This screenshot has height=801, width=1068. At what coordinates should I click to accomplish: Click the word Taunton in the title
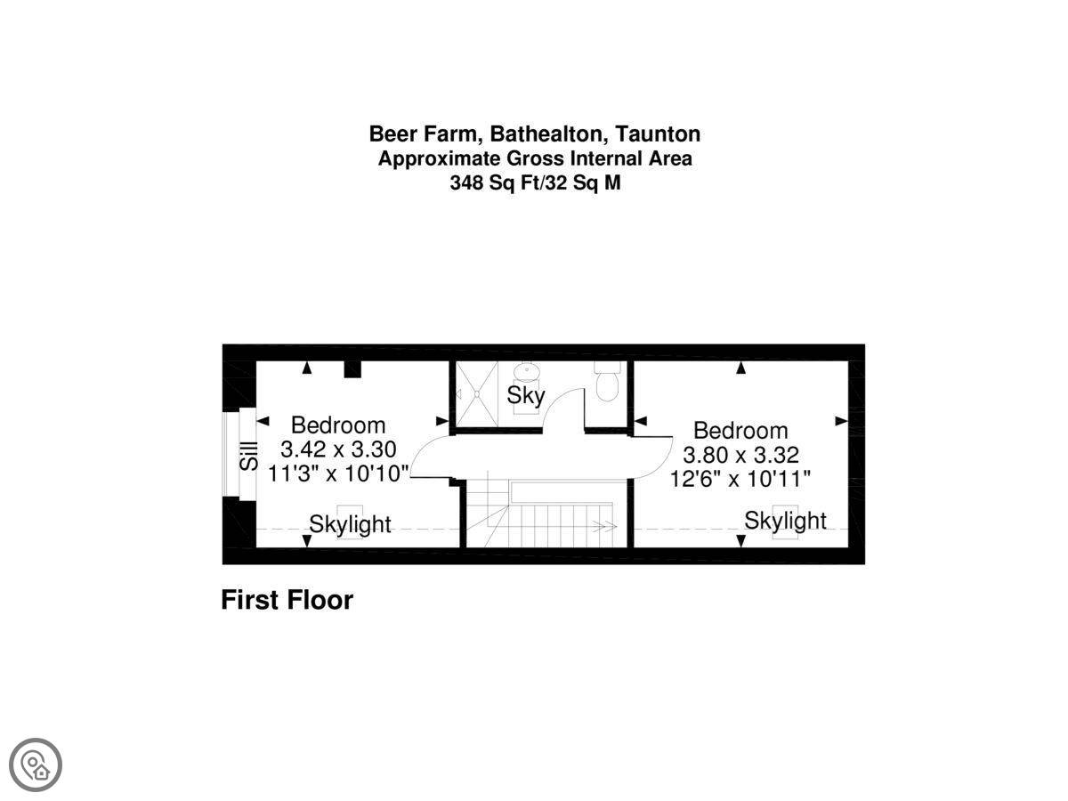(x=658, y=133)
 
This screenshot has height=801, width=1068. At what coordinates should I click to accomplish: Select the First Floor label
(x=287, y=600)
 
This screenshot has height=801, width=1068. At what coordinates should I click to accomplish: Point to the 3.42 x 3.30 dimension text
(x=338, y=449)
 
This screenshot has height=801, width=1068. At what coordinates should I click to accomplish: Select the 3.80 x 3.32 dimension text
(x=740, y=455)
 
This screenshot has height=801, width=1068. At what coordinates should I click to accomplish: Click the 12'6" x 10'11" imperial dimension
(x=740, y=479)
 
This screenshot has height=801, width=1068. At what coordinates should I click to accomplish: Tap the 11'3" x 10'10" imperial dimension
(x=339, y=473)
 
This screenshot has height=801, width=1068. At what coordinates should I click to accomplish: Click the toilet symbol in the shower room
(x=607, y=381)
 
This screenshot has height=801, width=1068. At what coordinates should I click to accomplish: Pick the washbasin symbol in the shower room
(x=527, y=372)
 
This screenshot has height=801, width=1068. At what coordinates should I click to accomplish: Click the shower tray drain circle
(x=477, y=393)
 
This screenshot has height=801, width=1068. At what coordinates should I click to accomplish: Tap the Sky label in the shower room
(x=525, y=395)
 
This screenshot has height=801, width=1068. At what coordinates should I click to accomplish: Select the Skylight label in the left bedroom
(x=350, y=524)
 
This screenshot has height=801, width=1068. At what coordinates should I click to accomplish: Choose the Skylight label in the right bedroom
(x=785, y=521)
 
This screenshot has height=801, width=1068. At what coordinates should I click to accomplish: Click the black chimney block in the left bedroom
(x=352, y=369)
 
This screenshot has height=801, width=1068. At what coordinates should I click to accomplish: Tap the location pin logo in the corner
(x=36, y=765)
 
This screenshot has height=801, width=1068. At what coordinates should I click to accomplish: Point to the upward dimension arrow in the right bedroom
(x=740, y=368)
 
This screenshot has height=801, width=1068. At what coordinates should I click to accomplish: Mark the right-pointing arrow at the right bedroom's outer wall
(x=842, y=421)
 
